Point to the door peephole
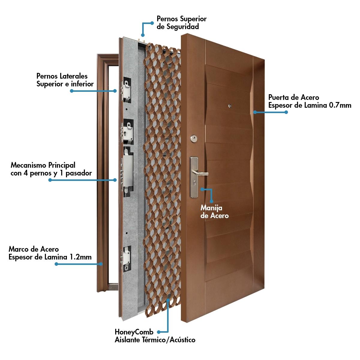tap(230, 106)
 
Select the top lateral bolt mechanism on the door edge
tap(126, 89)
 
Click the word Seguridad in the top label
tap(178, 27)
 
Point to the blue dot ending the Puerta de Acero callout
tap(286, 112)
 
